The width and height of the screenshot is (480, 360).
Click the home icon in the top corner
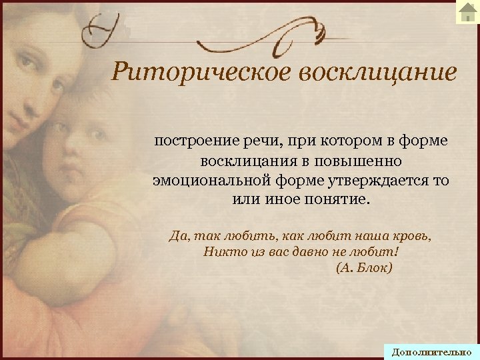466,11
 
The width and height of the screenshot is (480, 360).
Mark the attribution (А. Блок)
365,269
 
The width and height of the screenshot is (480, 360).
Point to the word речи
252,141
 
